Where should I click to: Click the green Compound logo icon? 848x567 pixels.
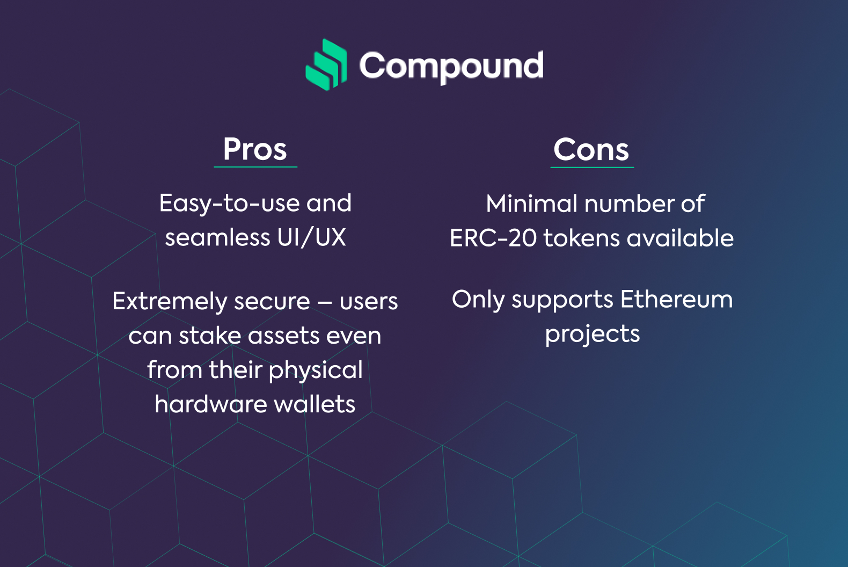tap(326, 65)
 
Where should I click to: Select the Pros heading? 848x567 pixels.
tap(255, 149)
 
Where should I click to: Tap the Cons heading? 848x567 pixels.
tap(591, 150)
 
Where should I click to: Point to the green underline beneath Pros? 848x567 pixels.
tap(255, 166)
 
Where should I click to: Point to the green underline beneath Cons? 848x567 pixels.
tap(592, 166)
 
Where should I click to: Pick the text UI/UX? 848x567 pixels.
tap(311, 238)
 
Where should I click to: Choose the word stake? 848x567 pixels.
tap(210, 336)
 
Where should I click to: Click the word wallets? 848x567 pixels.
tap(315, 404)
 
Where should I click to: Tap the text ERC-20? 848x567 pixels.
tap(493, 238)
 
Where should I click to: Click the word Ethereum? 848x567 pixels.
tap(676, 300)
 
